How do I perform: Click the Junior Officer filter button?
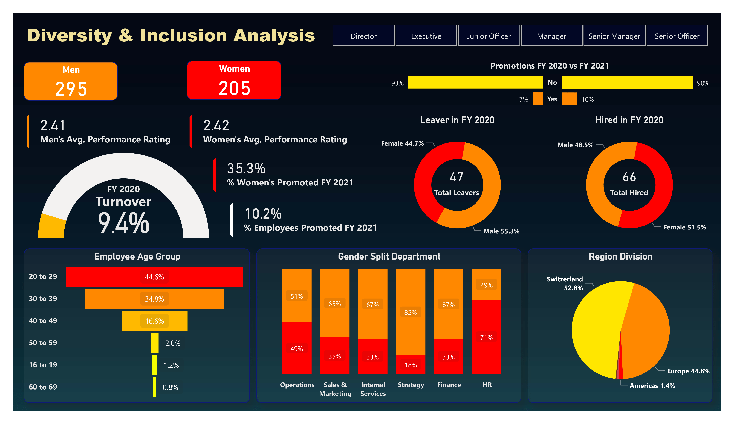coord(489,36)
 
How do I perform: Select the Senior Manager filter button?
coord(614,36)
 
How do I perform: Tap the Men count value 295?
coord(71,89)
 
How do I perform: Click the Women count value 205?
coord(235,88)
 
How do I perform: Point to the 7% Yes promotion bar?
coord(538,99)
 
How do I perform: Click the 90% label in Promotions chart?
coord(703,83)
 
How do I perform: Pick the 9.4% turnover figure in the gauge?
coord(123,223)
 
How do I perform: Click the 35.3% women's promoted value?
coord(246,169)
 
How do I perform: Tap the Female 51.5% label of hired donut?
coord(684,227)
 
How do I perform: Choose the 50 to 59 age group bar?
coord(154,343)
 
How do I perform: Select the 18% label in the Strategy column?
coord(410,365)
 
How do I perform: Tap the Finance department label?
coord(449,385)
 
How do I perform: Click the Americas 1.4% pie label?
coord(652,386)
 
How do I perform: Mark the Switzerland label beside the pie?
coord(565,279)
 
